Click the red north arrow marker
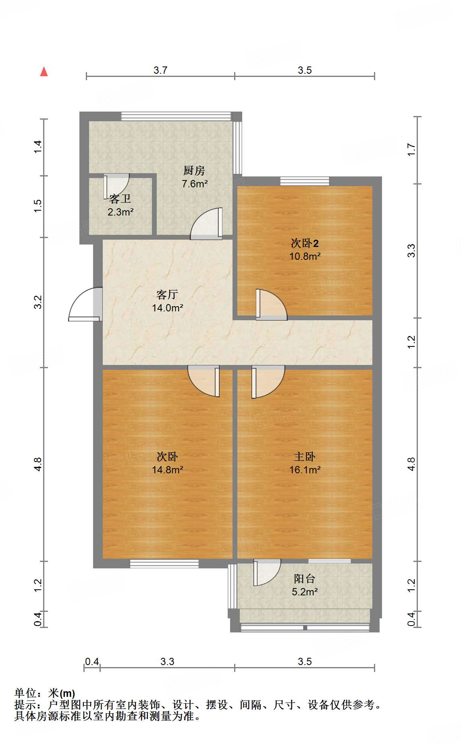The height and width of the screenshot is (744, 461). [x=44, y=72]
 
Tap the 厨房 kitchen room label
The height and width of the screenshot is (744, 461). [x=194, y=171]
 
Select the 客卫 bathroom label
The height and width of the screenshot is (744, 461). [x=120, y=199]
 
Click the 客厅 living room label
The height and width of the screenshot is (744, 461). [x=167, y=295]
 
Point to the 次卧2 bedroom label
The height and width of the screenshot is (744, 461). [x=305, y=243]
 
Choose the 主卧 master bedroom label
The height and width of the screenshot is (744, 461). [x=305, y=457]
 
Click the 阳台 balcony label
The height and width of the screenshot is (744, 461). [x=304, y=579]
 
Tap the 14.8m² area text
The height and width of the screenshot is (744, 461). [x=168, y=470]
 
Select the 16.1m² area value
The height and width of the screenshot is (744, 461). [x=305, y=470]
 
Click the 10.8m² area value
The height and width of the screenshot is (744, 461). [x=305, y=256]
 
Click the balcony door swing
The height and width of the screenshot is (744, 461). [x=267, y=572]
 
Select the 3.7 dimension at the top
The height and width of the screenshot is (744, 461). [x=160, y=70]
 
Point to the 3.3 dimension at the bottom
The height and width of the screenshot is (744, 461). [x=167, y=662]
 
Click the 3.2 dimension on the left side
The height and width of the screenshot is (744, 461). [x=37, y=302]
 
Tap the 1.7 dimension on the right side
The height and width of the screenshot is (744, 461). [x=411, y=150]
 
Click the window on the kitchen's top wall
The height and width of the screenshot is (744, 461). [x=176, y=116]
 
